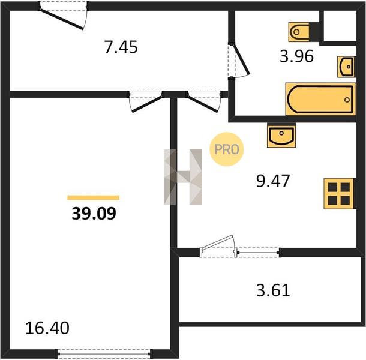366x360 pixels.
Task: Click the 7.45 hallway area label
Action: [x=121, y=47]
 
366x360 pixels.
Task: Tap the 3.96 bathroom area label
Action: [x=296, y=56]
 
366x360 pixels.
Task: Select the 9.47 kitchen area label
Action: [x=273, y=181]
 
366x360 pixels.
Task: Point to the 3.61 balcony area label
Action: [x=273, y=290]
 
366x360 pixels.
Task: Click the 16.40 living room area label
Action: [x=47, y=328]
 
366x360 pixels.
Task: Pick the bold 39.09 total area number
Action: [x=94, y=214]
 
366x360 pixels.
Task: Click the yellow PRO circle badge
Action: [x=227, y=149]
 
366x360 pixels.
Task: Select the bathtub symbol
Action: [x=321, y=99]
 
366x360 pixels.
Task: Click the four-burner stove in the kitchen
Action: [x=338, y=194]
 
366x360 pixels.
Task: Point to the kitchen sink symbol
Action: [x=281, y=136]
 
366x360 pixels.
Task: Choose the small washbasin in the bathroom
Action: [x=346, y=67]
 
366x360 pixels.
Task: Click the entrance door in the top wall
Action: [x=62, y=19]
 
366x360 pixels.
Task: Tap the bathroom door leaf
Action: [x=242, y=60]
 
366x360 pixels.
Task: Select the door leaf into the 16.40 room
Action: [x=147, y=104]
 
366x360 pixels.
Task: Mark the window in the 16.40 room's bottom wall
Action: [x=104, y=353]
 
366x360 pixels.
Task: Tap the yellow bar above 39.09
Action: [x=93, y=198]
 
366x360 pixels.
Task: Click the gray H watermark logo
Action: [x=183, y=177]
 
